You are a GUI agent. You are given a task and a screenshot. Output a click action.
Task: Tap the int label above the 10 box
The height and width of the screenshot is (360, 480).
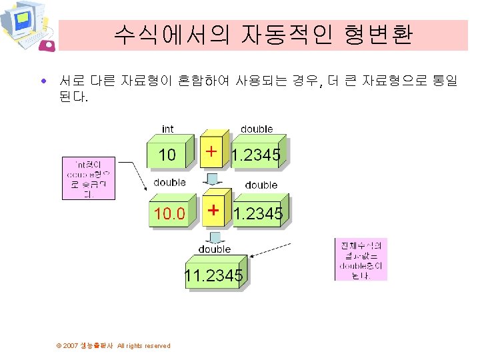[x=168, y=129]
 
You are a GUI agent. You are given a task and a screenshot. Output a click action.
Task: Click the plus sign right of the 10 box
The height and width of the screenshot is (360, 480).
[x=211, y=153]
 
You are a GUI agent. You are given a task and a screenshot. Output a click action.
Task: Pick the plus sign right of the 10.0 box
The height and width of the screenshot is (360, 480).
[x=213, y=210]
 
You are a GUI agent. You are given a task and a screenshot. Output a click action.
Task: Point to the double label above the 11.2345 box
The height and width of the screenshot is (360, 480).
[x=214, y=249]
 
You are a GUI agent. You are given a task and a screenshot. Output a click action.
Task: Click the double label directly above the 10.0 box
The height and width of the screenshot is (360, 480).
[x=169, y=183]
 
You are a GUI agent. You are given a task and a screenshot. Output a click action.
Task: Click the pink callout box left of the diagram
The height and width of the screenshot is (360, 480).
[x=89, y=178]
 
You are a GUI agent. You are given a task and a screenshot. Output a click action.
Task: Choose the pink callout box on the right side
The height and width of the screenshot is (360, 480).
[x=361, y=259]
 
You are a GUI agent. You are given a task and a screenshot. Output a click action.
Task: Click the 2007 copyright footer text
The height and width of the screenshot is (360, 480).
[x=113, y=345]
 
